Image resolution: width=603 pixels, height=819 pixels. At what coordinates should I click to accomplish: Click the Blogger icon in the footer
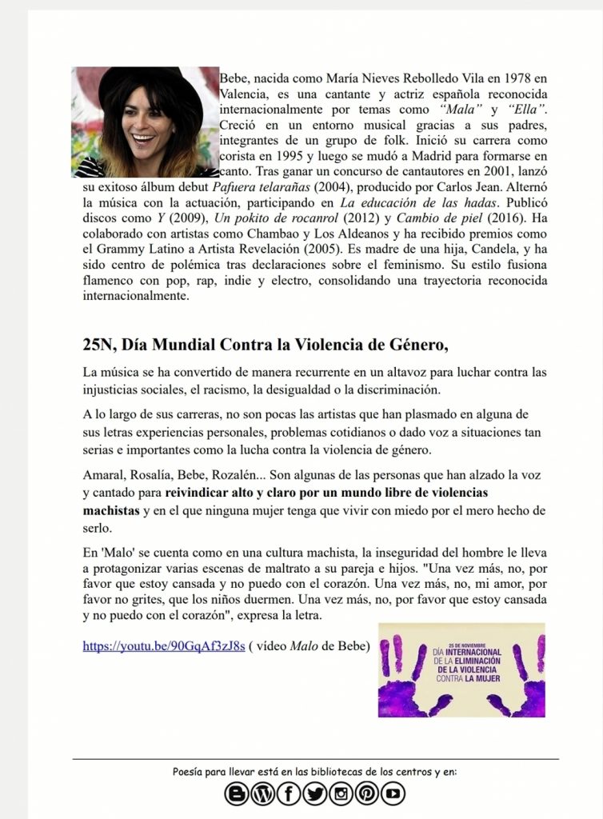(237, 793)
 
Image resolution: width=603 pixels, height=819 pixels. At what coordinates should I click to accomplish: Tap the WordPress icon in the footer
(262, 793)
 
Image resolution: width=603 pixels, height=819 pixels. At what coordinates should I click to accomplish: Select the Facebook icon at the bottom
(288, 793)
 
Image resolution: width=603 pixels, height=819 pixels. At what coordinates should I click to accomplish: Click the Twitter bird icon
(314, 793)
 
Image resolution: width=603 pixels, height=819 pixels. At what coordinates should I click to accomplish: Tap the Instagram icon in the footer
(341, 793)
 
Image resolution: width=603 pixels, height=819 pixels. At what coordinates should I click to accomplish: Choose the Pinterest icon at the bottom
(366, 793)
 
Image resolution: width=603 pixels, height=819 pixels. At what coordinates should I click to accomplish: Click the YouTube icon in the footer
(393, 793)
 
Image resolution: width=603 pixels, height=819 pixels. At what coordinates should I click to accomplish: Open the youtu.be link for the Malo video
(163, 646)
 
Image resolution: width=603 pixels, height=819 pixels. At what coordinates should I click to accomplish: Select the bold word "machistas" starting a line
(111, 509)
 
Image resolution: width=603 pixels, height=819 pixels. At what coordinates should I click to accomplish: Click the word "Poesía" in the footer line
(190, 772)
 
